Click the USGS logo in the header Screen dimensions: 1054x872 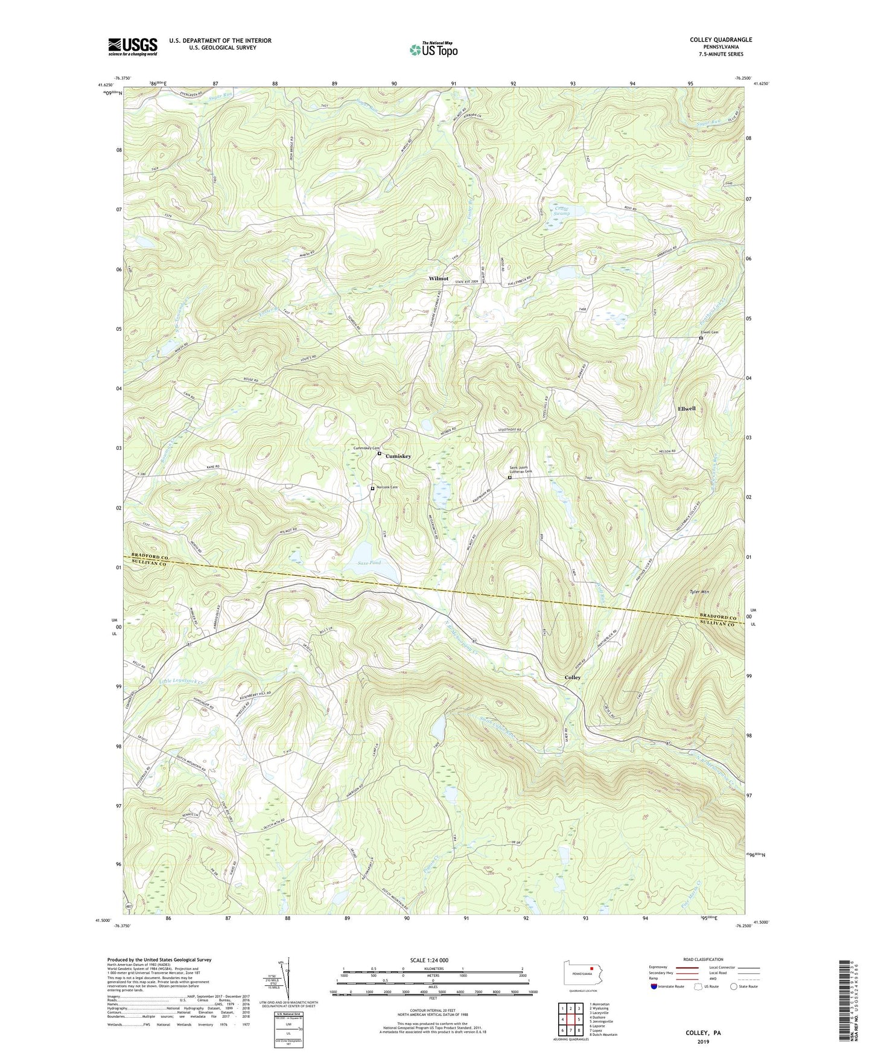pyautogui.click(x=133, y=46)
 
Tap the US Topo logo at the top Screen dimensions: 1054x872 pyautogui.click(x=433, y=50)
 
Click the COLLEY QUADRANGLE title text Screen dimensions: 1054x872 pyautogui.click(x=721, y=40)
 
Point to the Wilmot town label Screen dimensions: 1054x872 pyautogui.click(x=438, y=278)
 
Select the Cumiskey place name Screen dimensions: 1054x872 pyautogui.click(x=398, y=456)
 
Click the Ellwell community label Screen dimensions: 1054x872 pyautogui.click(x=686, y=409)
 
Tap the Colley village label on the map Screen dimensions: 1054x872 pyautogui.click(x=572, y=677)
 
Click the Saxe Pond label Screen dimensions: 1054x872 pyautogui.click(x=369, y=563)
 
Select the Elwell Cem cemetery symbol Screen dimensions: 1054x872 pyautogui.click(x=701, y=339)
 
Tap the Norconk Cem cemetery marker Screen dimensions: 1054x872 pyautogui.click(x=372, y=488)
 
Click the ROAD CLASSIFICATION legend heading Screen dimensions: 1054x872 pyautogui.click(x=703, y=959)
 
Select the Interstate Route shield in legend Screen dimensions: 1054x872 pyautogui.click(x=654, y=986)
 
